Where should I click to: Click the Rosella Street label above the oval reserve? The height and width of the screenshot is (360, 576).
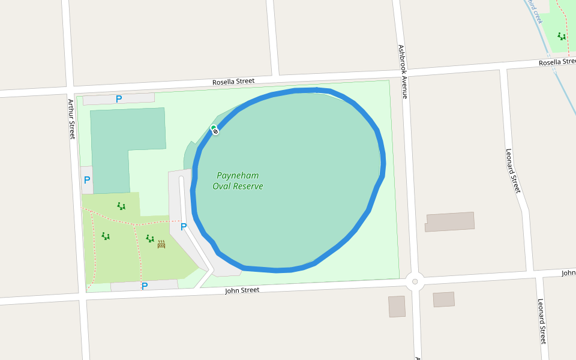click(x=233, y=81)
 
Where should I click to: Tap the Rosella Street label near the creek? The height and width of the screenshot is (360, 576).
click(x=557, y=62)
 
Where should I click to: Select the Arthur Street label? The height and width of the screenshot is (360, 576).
click(x=71, y=119)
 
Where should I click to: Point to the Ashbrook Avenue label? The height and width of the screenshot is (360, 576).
click(x=403, y=71)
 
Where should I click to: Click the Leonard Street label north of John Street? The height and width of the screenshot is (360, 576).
click(x=513, y=171)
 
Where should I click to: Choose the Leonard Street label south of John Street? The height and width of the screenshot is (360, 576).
click(x=542, y=321)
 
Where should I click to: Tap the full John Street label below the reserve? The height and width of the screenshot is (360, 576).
click(x=242, y=290)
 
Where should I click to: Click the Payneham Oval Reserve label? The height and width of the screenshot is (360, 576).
click(x=238, y=181)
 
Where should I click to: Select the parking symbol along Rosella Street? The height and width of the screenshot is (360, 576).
click(x=119, y=99)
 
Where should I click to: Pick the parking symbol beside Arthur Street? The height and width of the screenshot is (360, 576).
click(x=87, y=180)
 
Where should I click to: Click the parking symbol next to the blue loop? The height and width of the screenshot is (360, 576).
click(x=184, y=227)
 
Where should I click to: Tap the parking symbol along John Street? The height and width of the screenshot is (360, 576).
click(x=144, y=286)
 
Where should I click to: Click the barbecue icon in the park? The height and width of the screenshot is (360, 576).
click(x=161, y=244)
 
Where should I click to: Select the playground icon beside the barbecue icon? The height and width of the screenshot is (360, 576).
click(x=150, y=238)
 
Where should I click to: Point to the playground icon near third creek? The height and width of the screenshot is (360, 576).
click(x=561, y=36)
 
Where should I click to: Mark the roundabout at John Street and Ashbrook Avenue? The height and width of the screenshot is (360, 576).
click(x=415, y=281)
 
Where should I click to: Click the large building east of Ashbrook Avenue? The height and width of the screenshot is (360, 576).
click(x=450, y=221)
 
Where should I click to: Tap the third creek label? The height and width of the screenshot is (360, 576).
click(x=535, y=11)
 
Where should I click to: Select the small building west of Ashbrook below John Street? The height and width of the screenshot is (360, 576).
click(x=397, y=306)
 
